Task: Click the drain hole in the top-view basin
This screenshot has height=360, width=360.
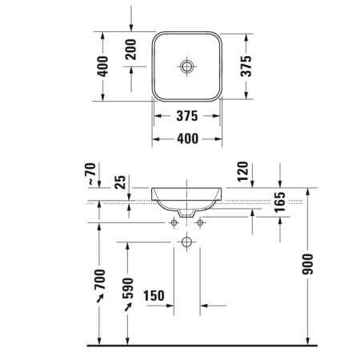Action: [x=186, y=66]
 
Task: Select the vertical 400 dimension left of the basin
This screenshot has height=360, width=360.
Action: [x=101, y=66]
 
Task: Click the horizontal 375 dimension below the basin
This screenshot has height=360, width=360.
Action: [x=186, y=116]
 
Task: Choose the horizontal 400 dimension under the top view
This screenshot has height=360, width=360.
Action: [x=186, y=138]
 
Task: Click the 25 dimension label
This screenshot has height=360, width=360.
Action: [x=122, y=182]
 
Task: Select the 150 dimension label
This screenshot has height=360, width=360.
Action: [x=154, y=296]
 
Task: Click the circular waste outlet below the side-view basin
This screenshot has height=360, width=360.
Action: [x=186, y=241]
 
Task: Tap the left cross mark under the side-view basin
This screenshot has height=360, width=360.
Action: [x=174, y=222]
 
